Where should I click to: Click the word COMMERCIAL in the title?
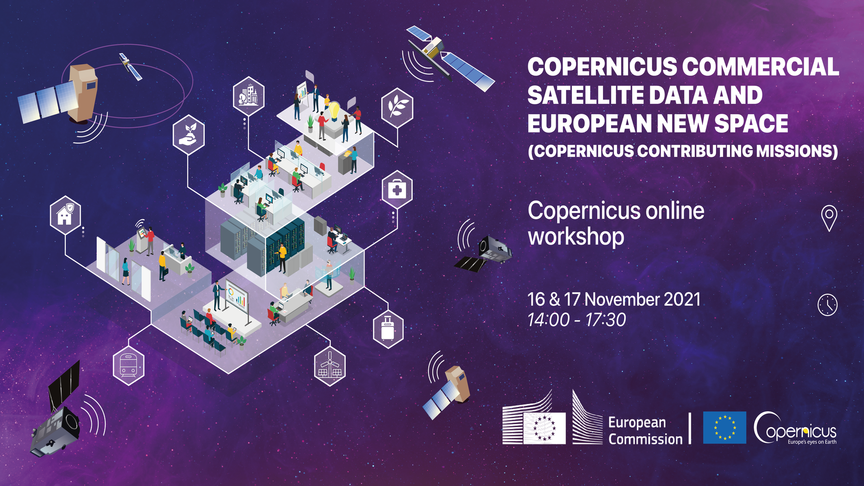coord(760,67)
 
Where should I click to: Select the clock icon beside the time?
coord(827,305)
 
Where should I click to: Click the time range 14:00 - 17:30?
coord(576,320)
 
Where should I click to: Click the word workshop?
coord(576,237)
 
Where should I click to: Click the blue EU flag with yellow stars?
coord(724,427)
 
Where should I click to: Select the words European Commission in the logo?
coord(645,431)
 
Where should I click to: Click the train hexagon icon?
coord(129,365)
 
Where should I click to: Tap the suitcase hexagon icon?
coord(388,328)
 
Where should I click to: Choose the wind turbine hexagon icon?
coord(330,366)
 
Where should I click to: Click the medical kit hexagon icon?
coord(397,189)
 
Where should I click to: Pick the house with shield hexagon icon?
coord(65,215)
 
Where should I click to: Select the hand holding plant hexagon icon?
coord(189,135)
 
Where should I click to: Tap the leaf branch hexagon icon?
coord(397,108)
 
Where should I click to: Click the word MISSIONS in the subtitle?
coord(797,151)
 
